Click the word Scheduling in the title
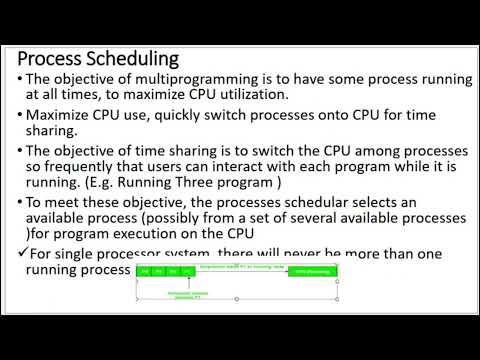click(x=131, y=59)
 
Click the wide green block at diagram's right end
click(x=312, y=271)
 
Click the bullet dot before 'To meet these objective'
click(x=21, y=204)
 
